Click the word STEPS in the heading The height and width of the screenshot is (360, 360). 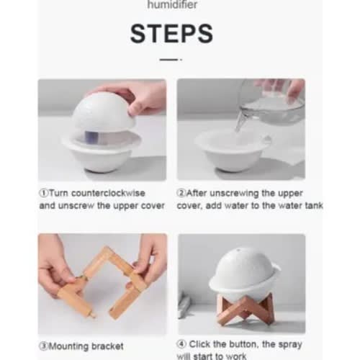click(x=171, y=34)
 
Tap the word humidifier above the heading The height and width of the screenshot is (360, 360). click(x=172, y=5)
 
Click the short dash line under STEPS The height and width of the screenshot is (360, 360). click(x=171, y=60)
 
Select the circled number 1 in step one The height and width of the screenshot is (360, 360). click(x=44, y=193)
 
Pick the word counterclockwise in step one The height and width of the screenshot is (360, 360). click(x=108, y=193)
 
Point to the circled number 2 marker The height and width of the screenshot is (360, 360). click(x=181, y=193)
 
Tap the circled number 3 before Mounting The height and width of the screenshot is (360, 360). click(x=44, y=346)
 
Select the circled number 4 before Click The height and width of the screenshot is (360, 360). click(x=181, y=344)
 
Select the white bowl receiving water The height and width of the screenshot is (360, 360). click(x=233, y=150)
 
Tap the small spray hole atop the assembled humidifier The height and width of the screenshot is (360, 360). click(x=238, y=251)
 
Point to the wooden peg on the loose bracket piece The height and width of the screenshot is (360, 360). click(x=92, y=313)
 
